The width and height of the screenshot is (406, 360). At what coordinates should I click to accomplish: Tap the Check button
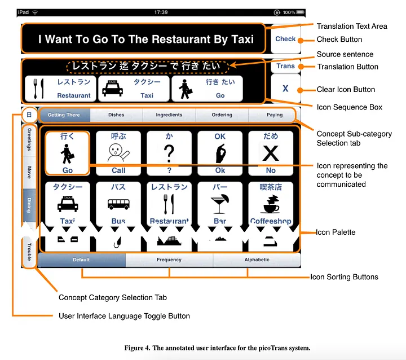pos(285,39)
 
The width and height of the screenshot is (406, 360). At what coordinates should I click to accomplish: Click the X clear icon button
pos(285,89)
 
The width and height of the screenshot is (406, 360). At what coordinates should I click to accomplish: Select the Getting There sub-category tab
pos(64,115)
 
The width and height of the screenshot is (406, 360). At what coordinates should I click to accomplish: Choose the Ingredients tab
pos(169,115)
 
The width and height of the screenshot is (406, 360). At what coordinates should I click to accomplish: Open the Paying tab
pos(275,115)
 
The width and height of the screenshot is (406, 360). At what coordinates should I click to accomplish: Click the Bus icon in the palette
pos(118,203)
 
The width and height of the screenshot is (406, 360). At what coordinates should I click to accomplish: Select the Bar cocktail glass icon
pos(220,203)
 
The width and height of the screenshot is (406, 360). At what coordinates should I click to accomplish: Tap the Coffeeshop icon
pos(271,203)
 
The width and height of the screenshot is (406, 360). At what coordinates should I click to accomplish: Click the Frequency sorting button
pos(169,260)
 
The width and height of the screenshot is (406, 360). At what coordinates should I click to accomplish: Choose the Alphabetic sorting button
pos(257,260)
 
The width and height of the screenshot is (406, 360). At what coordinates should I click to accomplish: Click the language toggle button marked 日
pos(29,115)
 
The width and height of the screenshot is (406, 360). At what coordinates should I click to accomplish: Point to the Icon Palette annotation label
pos(336,232)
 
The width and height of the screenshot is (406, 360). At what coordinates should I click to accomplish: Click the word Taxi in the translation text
pos(242,39)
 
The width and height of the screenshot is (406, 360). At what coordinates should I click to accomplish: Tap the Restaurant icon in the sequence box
pos(59,89)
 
